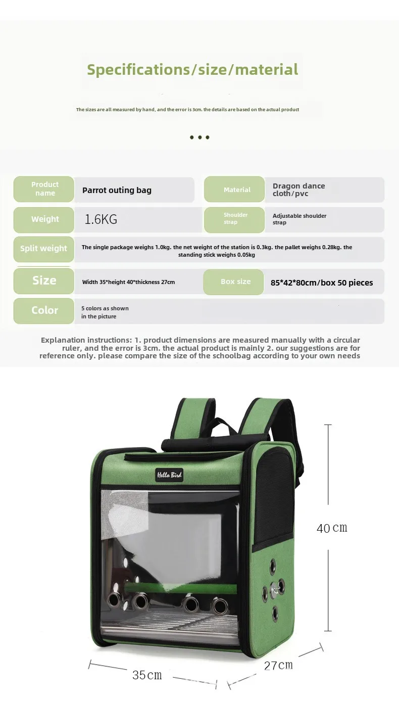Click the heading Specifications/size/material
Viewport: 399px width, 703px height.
[192, 69]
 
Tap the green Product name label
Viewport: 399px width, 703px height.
[44, 189]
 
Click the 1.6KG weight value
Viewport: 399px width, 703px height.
[101, 219]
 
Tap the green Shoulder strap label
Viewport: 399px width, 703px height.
[235, 219]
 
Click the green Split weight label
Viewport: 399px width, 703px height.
[43, 249]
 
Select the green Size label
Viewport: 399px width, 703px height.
[44, 280]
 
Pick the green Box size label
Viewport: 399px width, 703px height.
[235, 282]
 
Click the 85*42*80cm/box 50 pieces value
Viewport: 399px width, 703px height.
[322, 283]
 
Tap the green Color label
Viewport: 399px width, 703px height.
[44, 310]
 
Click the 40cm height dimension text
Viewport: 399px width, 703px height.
[332, 528]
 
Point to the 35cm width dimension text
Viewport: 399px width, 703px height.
[147, 675]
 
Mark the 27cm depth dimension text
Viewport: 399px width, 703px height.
[278, 665]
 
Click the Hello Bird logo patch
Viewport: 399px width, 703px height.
[169, 475]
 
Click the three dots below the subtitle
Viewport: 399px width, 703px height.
[199, 137]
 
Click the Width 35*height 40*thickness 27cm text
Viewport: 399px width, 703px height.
[128, 282]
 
